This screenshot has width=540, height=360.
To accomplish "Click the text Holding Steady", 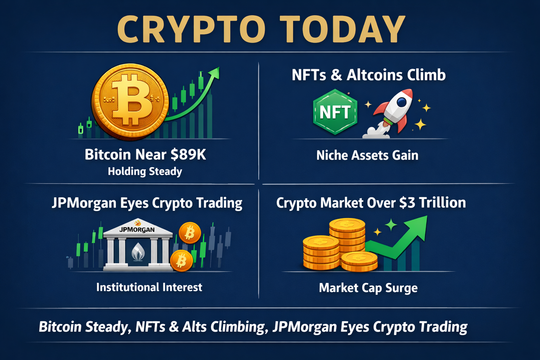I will coord(145,171).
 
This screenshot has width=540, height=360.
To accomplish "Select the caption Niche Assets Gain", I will coord(368,156).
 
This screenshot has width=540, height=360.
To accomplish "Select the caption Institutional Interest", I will coord(150,287).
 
